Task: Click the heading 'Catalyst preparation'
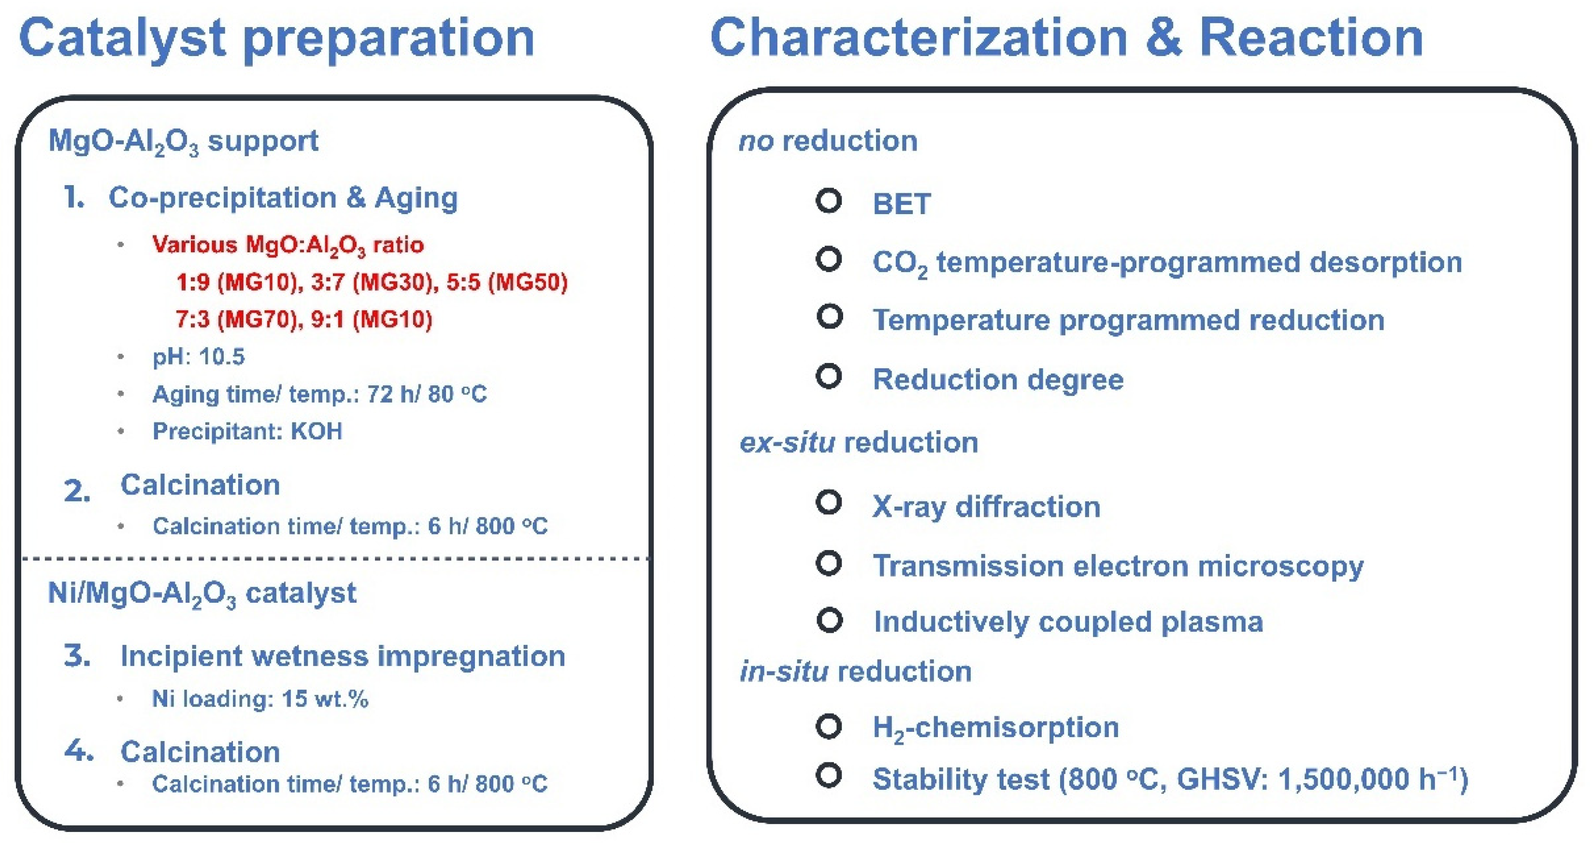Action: (x=276, y=38)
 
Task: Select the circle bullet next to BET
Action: (x=829, y=201)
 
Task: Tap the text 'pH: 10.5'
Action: (x=199, y=357)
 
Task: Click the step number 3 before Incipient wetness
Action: (x=77, y=655)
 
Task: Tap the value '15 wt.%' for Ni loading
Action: (x=325, y=699)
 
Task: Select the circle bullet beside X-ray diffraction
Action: (x=829, y=502)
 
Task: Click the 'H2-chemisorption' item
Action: (x=995, y=727)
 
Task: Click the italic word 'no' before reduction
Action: (x=756, y=141)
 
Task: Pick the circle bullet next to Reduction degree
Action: (x=829, y=376)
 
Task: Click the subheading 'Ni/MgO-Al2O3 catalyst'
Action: (x=201, y=594)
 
